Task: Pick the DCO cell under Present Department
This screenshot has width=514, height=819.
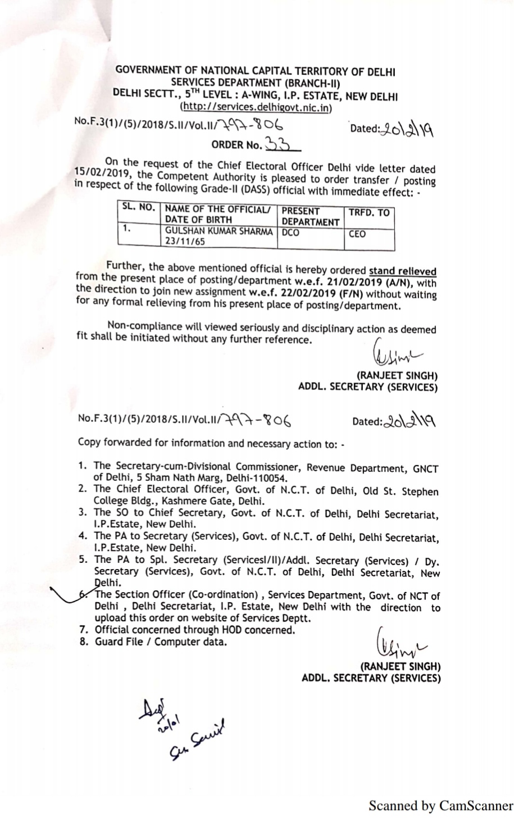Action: tap(290, 232)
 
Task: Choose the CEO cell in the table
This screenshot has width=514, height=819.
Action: tap(357, 234)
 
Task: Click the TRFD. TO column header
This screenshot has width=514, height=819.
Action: tap(369, 213)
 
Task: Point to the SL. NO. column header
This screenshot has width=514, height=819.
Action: tap(139, 207)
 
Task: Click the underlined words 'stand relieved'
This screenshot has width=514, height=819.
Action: tap(402, 271)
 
